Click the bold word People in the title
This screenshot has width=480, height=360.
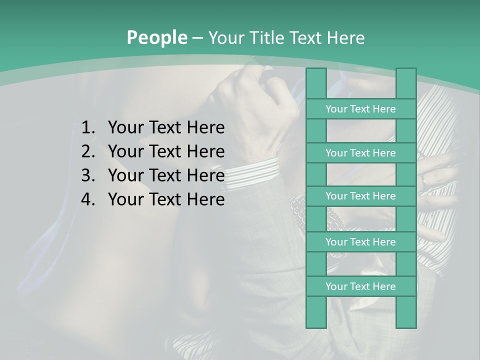[x=156, y=38]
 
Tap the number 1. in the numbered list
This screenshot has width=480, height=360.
[x=87, y=128]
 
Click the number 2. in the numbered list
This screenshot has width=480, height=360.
[x=87, y=151]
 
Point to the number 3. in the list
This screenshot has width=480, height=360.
[x=87, y=175]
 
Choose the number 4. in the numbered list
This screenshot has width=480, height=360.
[x=87, y=199]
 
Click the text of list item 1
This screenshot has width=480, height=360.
[x=166, y=128]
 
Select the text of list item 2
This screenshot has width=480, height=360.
[x=166, y=151]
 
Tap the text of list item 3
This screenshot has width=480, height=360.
[x=166, y=175]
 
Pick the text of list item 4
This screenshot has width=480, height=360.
[x=166, y=199]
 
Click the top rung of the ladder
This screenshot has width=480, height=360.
[x=360, y=109]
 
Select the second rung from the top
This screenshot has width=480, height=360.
[x=360, y=153]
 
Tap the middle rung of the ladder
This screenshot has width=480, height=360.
[x=360, y=196]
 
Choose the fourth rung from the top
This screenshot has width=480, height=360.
[x=360, y=242]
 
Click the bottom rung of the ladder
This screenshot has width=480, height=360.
[x=360, y=286]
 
